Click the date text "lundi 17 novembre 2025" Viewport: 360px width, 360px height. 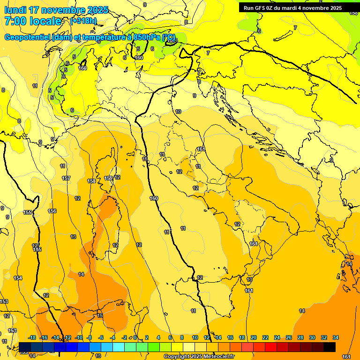tap(56, 10)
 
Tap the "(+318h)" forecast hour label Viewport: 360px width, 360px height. tap(83, 21)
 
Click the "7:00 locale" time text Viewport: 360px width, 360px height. tap(33, 21)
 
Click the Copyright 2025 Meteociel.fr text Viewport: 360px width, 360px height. tap(199, 356)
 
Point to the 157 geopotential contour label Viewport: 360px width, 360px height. tap(66, 178)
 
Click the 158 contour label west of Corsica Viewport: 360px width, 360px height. tap(91, 181)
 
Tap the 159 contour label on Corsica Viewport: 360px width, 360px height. tap(108, 178)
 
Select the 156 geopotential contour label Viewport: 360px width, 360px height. tap(52, 211)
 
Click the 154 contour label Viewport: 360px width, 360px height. tap(18, 278)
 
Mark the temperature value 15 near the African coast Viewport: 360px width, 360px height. tap(100, 315)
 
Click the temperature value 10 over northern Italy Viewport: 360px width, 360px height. tap(178, 112)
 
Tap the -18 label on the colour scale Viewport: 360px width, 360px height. tap(32, 337)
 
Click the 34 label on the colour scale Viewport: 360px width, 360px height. tap(336, 337)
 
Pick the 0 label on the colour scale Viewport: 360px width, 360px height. tap(135, 337)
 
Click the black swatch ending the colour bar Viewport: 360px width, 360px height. tap(330, 347)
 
